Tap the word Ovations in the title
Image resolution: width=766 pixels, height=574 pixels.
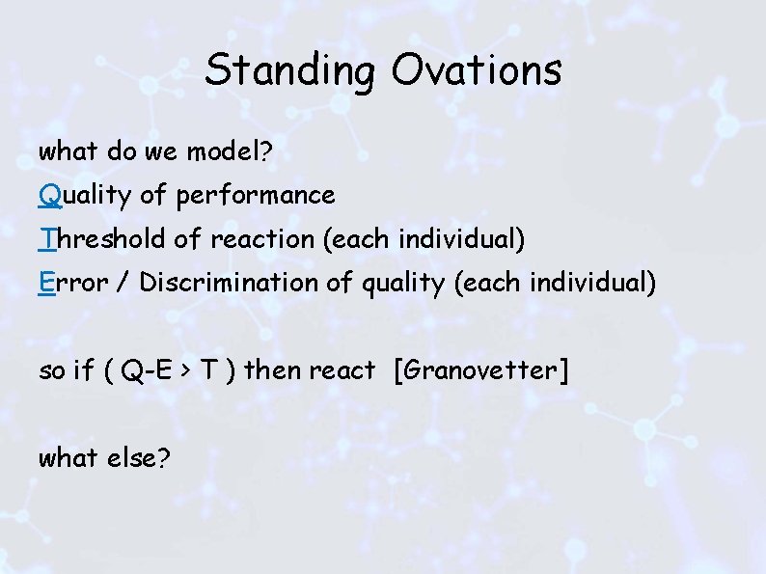tap(477, 70)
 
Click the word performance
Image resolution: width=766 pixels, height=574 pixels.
tap(256, 196)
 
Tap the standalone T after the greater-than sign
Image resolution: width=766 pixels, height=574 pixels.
tap(207, 370)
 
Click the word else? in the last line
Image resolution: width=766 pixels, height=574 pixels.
tap(135, 458)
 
